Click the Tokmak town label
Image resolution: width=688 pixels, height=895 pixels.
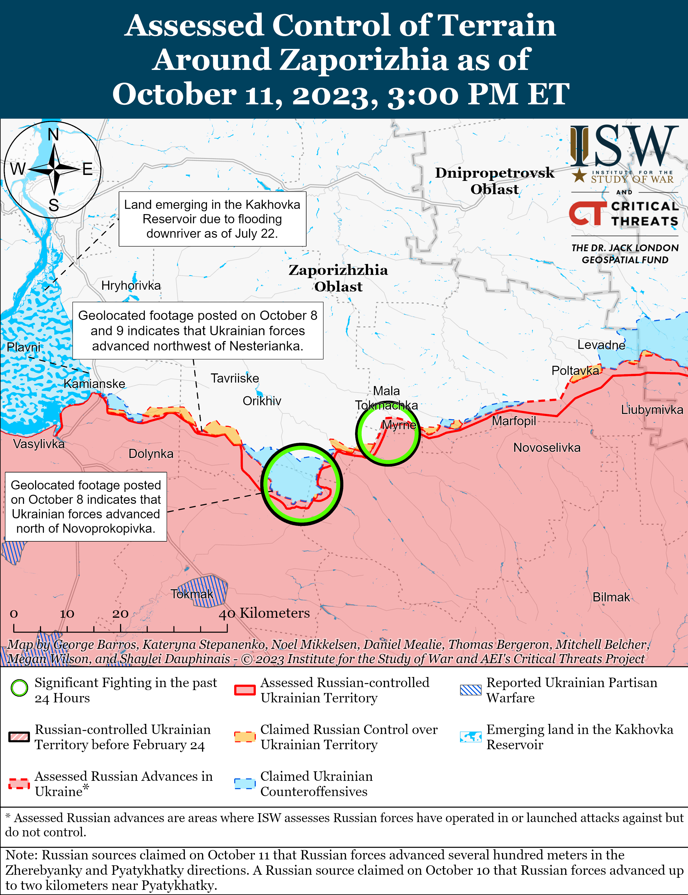pos(192,594)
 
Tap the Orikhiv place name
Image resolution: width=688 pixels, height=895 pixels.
pos(262,401)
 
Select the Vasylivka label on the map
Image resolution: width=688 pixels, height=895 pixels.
pos(39,444)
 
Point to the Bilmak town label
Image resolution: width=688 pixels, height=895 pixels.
pos(611,597)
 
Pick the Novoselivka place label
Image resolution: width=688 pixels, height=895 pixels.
pos(547,448)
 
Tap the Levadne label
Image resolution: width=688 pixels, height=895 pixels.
pos(601,345)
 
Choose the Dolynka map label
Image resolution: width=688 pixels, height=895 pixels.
pos(151,454)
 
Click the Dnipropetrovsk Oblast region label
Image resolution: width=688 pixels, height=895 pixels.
pos(494,181)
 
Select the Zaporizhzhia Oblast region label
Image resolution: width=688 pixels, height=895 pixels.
pos(338,278)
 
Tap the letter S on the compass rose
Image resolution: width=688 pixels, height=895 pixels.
pos(54,205)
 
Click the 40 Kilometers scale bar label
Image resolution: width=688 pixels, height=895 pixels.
pos(264,613)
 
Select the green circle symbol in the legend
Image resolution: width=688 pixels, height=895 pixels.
pos(19,688)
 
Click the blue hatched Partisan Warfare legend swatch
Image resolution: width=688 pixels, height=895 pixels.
pos(470,690)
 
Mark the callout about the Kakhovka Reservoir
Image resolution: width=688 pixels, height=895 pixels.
pos(212,219)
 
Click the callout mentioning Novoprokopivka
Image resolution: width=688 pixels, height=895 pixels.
pos(86,506)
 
